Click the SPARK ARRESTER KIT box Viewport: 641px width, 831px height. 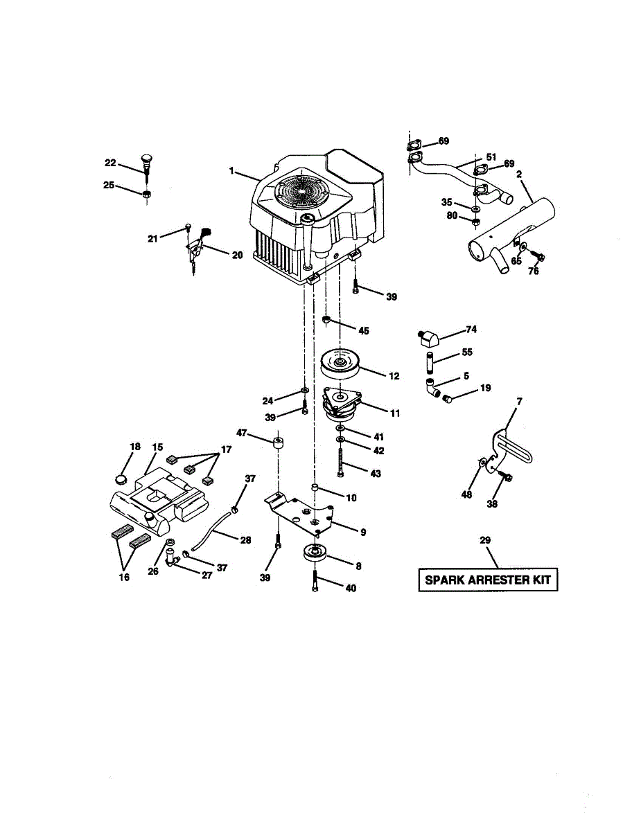(x=488, y=579)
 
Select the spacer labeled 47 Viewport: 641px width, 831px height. (x=279, y=443)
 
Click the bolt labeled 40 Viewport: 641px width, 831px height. (x=315, y=578)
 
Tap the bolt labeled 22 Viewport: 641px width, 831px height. (x=146, y=165)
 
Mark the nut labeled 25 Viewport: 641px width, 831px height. (x=146, y=194)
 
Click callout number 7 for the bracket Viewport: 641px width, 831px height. (x=519, y=401)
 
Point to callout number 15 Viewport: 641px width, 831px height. (x=158, y=447)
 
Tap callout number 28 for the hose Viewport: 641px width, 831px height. (x=245, y=539)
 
